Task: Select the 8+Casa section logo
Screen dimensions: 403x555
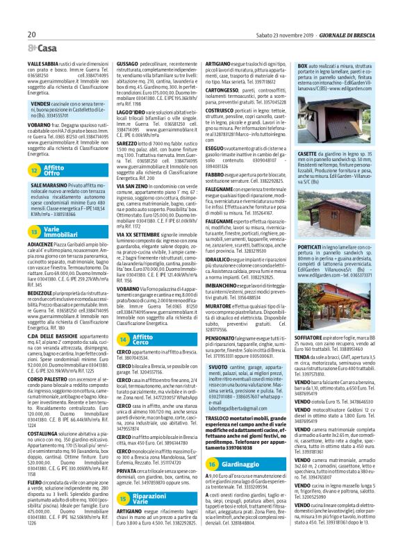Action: click(x=43, y=48)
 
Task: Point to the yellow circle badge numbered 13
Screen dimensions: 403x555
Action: click(x=34, y=229)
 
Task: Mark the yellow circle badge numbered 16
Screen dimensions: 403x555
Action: click(x=211, y=443)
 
